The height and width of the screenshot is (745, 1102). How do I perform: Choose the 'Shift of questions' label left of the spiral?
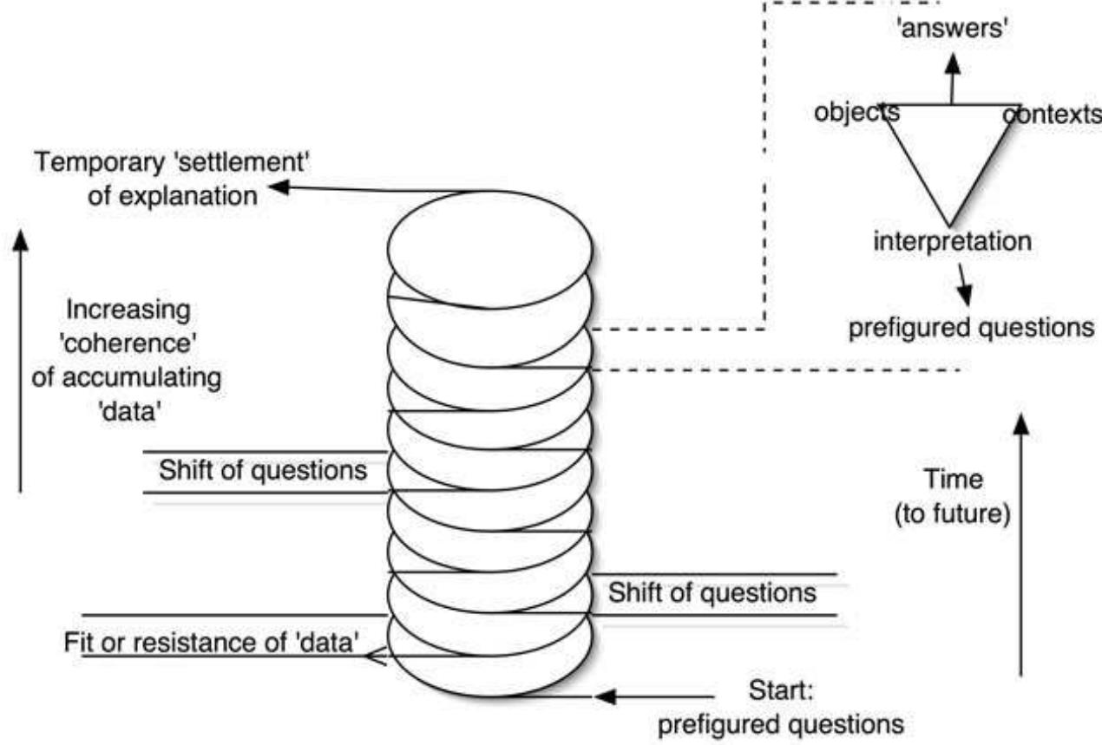click(261, 472)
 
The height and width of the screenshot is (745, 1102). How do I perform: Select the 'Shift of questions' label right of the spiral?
click(712, 595)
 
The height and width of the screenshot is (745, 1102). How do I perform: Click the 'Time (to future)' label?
click(952, 496)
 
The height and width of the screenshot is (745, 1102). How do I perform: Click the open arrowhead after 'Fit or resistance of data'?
click(376, 657)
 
